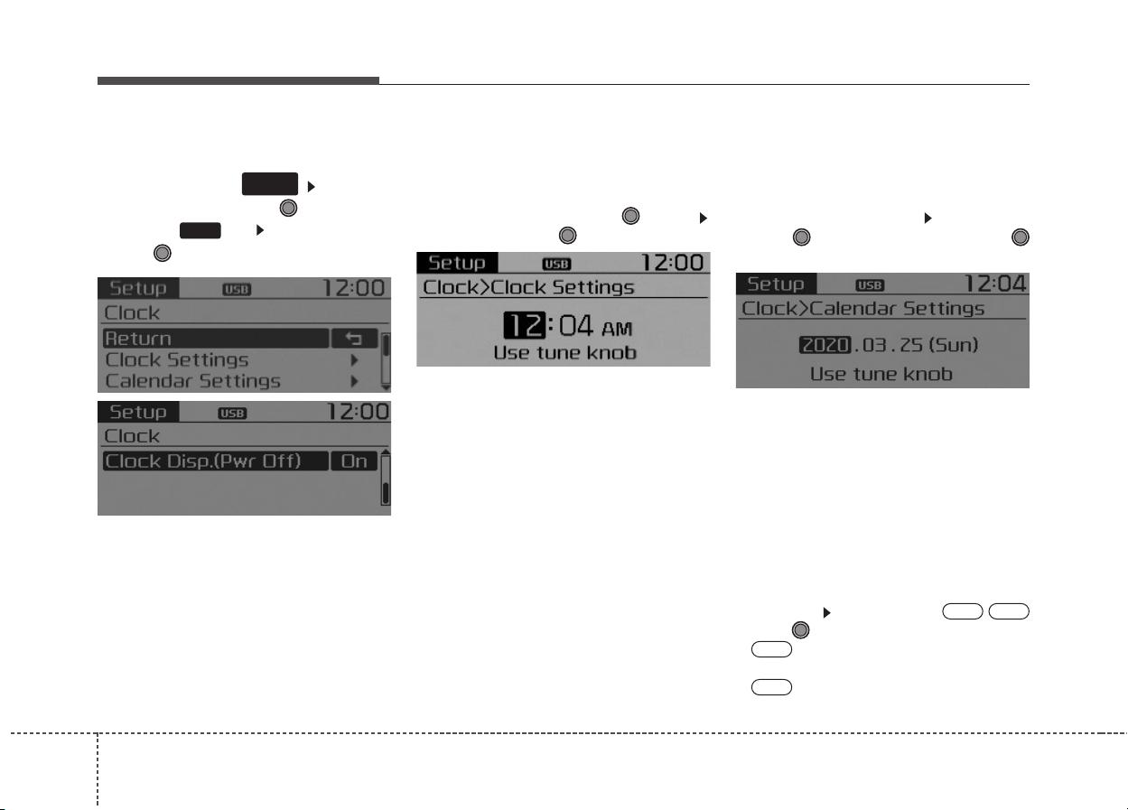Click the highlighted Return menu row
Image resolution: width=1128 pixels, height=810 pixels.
(216, 339)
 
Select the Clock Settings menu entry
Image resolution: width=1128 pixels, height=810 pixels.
(177, 360)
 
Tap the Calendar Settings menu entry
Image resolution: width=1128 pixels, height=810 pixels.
(193, 381)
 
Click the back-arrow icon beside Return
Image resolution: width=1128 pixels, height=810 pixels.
(354, 339)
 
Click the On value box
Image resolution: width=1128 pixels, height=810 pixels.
(354, 461)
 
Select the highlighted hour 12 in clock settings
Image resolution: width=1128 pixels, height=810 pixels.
(524, 325)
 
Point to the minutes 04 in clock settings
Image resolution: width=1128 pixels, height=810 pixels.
(575, 326)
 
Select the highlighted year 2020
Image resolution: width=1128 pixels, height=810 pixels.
(825, 345)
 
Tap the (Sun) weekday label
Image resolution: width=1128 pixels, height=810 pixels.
(954, 345)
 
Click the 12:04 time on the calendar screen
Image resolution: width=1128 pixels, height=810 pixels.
(995, 284)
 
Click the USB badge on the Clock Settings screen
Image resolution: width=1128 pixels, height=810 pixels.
(556, 264)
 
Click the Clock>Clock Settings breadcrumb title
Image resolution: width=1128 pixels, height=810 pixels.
(528, 287)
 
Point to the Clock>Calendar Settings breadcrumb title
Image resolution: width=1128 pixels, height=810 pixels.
(862, 309)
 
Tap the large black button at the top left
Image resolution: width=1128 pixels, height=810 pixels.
(270, 183)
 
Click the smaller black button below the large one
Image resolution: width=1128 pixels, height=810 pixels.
(200, 230)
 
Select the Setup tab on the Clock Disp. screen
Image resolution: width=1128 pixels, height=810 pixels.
(138, 412)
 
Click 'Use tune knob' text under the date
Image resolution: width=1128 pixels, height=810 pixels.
(881, 375)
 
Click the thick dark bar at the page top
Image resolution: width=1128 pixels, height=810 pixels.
(238, 80)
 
